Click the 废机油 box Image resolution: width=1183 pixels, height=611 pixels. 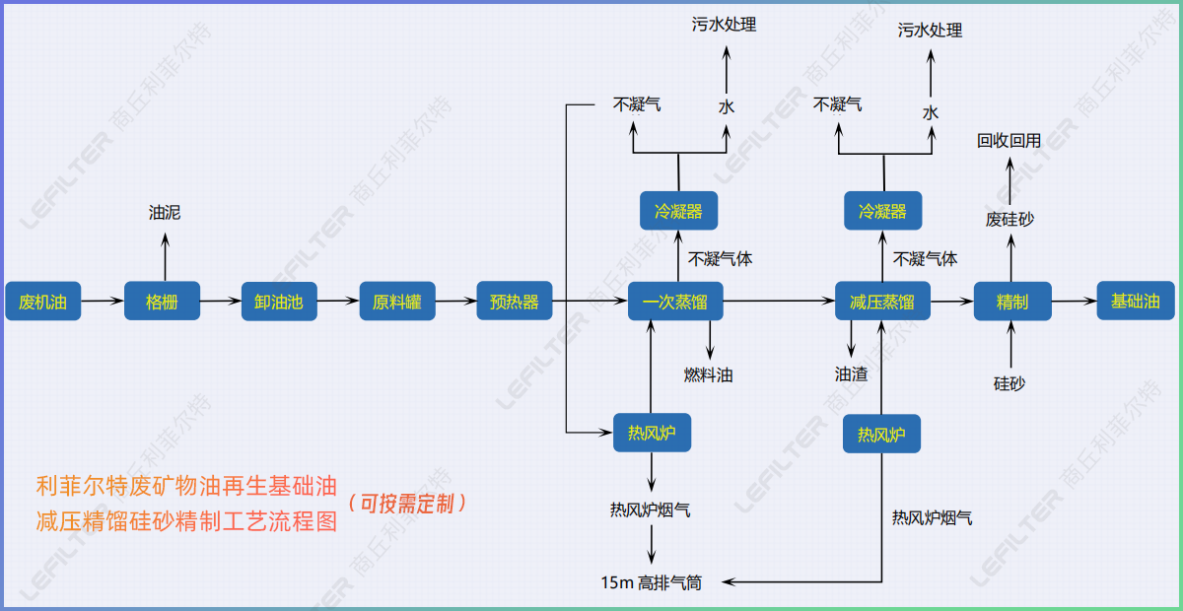tap(42, 301)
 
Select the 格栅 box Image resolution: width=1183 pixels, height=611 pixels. tap(162, 301)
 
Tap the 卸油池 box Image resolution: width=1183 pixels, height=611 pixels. tap(279, 301)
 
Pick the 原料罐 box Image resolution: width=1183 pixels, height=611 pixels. tap(396, 301)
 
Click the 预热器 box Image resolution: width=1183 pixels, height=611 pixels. tap(514, 301)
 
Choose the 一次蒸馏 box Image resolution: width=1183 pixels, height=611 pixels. tap(675, 301)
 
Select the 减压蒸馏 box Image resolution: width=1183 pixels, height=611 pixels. tap(881, 301)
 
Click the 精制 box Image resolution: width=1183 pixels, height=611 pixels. tap(1012, 301)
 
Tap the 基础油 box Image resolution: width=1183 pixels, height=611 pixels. tap(1136, 301)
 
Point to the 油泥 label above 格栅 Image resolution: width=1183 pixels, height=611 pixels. tap(165, 212)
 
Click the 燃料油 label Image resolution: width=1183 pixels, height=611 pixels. tap(709, 374)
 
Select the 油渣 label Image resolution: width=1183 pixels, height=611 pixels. tap(851, 374)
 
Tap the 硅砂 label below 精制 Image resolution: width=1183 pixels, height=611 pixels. tap(1009, 382)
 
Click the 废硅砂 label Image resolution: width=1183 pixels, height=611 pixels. tap(1009, 220)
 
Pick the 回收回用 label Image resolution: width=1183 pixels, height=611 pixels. tap(1009, 141)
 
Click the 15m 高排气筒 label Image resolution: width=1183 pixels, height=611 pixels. tap(652, 582)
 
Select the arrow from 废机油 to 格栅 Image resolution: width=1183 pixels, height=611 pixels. tap(102, 301)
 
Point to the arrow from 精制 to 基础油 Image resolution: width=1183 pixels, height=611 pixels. tap(1074, 301)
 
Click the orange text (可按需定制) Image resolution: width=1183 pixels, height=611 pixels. tap(406, 504)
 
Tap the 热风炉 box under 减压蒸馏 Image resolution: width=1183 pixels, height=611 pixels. tap(881, 434)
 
